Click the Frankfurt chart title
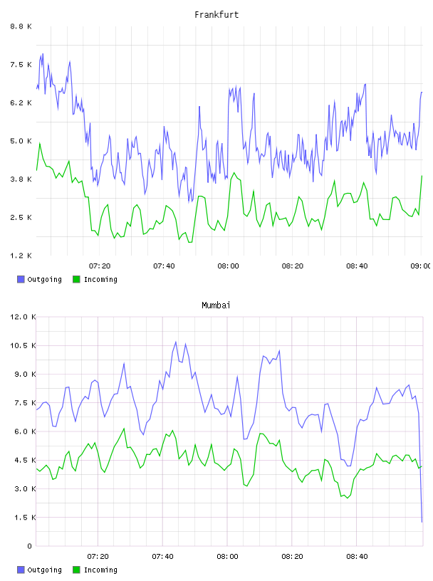click(x=216, y=15)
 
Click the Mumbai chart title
click(x=216, y=305)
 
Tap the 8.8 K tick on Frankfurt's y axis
click(x=21, y=26)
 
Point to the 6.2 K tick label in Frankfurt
click(x=21, y=103)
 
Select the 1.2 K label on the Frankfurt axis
click(x=21, y=256)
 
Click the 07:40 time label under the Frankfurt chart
click(x=164, y=266)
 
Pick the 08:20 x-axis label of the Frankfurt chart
click(x=293, y=266)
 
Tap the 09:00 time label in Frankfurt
click(x=421, y=266)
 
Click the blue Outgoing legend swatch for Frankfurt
click(x=21, y=279)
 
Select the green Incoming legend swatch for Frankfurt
click(x=76, y=279)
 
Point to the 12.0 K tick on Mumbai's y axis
click(x=23, y=317)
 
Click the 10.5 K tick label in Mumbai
click(x=23, y=346)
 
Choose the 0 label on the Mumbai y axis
click(x=29, y=546)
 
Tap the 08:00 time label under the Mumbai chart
click(x=227, y=557)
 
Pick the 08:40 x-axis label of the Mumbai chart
click(x=357, y=557)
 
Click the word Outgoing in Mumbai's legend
click(x=44, y=570)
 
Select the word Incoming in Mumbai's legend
click(x=100, y=570)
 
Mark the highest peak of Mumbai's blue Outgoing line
click(x=176, y=342)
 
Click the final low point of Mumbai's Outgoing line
click(x=422, y=522)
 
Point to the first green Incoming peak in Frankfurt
click(x=40, y=143)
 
